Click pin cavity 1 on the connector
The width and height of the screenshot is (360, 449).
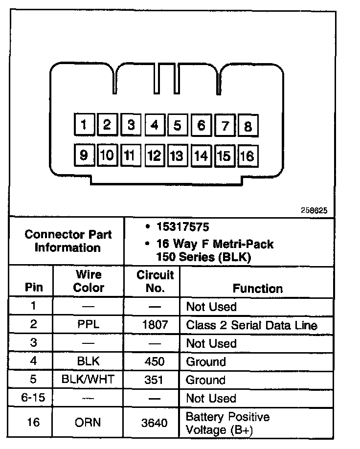pos(84,125)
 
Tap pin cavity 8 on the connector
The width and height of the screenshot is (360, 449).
pos(248,126)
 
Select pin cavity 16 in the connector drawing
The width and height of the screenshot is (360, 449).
pos(247,156)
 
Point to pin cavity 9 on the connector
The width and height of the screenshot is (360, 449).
pos(84,155)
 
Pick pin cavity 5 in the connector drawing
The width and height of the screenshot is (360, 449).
pos(177,126)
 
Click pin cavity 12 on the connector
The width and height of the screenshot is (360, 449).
pos(154,156)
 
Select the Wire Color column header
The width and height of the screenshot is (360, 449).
pos(89,281)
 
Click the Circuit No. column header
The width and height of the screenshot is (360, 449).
pos(155,281)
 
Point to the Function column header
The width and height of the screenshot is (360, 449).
pos(257,288)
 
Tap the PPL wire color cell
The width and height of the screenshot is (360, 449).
pos(89,325)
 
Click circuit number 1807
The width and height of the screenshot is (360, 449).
pos(155,325)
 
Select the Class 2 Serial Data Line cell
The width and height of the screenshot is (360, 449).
pos(251,325)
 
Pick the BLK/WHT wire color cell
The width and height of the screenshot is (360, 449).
pos(89,380)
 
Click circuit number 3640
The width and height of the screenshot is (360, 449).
pos(155,423)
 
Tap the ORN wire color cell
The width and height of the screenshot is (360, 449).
pos(89,423)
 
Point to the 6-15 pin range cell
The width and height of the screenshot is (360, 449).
pos(33,398)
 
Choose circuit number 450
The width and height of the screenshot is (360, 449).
pos(155,362)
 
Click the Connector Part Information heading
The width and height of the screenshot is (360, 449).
pos(68,241)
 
